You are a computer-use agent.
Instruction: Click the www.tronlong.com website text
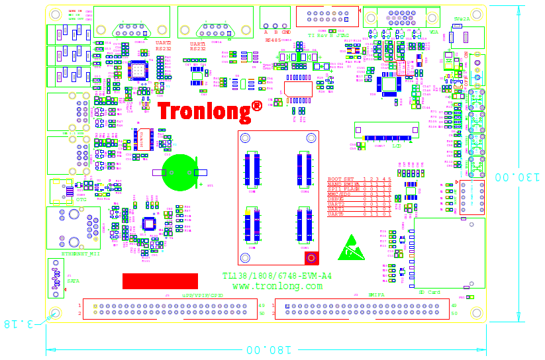pyautogui.click(x=277, y=286)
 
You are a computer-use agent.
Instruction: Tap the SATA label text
pyautogui.click(x=73, y=281)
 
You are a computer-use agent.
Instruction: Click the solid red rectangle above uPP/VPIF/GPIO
pyautogui.click(x=160, y=281)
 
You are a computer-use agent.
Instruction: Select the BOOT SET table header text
pyautogui.click(x=340, y=179)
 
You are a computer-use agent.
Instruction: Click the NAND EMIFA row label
pyautogui.click(x=343, y=184)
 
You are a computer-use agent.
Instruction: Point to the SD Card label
pyautogui.click(x=429, y=292)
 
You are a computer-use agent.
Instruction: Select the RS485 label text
pyautogui.click(x=273, y=40)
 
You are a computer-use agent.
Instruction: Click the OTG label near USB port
pyautogui.click(x=80, y=200)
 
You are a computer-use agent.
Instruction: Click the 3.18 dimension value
pyautogui.click(x=20, y=324)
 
